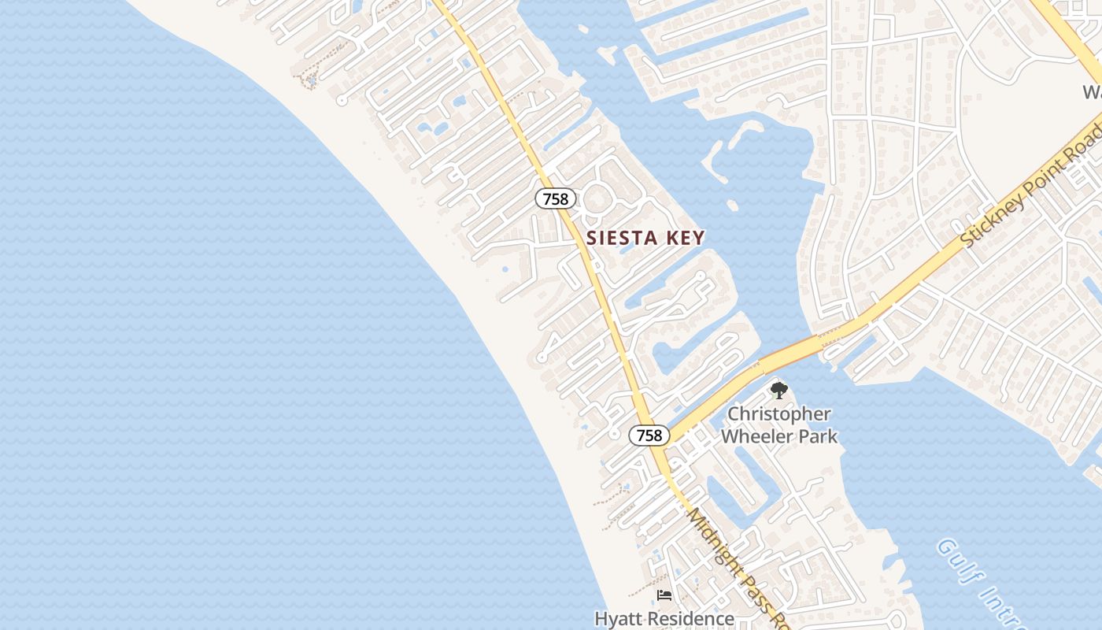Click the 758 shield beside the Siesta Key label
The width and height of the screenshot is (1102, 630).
(x=556, y=199)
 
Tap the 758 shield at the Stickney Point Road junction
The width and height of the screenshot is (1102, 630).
(x=649, y=435)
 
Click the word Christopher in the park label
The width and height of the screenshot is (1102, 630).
(x=778, y=414)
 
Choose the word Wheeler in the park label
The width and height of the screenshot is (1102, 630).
(x=760, y=436)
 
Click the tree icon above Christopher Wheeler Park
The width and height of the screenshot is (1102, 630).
(x=778, y=390)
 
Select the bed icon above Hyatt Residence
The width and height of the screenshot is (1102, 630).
(x=664, y=595)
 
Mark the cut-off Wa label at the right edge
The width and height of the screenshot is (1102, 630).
(x=1092, y=92)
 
